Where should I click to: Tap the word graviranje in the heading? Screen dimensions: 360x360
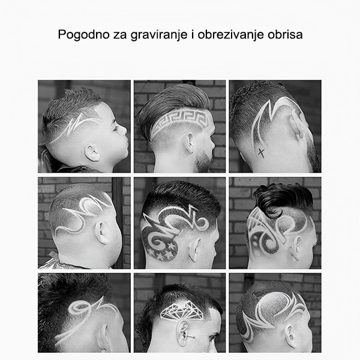(x=159, y=35)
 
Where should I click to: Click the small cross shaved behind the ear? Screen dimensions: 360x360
(x=261, y=152)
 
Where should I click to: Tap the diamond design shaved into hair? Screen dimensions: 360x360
(x=181, y=310)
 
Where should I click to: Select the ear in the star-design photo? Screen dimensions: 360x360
(x=194, y=251)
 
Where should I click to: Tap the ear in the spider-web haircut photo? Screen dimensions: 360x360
(x=295, y=248)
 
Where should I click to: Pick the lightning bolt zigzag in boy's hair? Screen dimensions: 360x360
(x=76, y=126)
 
